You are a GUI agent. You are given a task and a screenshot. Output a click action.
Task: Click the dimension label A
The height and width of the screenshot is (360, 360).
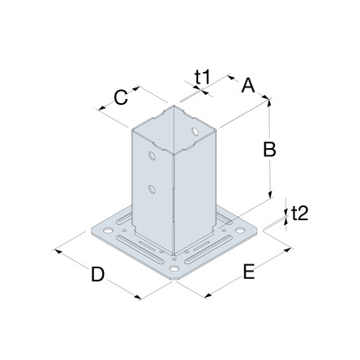tap(248, 85)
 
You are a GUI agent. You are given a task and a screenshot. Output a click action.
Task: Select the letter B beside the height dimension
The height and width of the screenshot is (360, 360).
tap(269, 149)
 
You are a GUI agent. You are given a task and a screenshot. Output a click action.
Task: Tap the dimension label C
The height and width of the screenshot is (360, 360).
tap(120, 97)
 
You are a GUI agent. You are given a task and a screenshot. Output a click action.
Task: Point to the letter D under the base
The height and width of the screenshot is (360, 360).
tap(97, 274)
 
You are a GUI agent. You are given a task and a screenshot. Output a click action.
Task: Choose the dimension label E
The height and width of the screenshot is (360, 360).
tap(249, 272)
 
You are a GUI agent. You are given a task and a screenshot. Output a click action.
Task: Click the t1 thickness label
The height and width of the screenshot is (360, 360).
tap(202, 77)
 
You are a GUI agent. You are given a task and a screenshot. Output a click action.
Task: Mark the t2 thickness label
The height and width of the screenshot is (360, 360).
tap(299, 213)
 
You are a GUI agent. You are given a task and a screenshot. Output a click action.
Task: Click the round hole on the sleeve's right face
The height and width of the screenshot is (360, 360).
tap(195, 132)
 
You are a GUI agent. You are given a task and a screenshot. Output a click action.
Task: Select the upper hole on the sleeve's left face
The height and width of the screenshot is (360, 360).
tap(152, 156)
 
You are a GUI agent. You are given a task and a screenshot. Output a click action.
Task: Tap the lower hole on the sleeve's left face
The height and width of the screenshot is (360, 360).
tap(152, 189)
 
